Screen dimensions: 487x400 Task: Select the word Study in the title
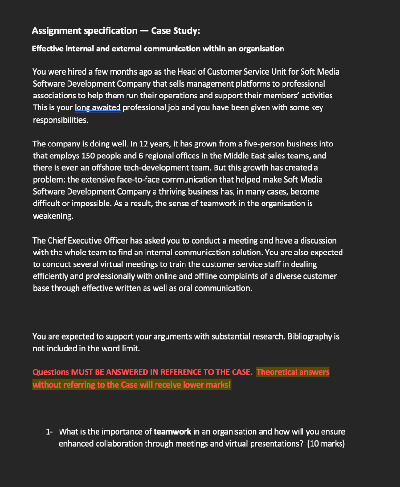tap(186, 31)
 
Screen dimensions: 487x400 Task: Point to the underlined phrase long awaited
tap(98, 107)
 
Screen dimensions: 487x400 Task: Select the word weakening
tap(53, 215)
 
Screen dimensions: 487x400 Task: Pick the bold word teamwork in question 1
tap(172, 432)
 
